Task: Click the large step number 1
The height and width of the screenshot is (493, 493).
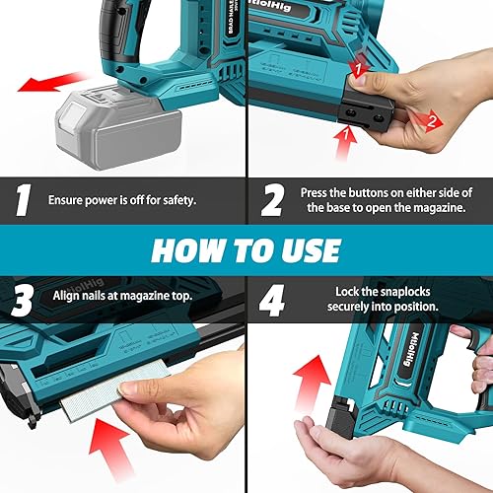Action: pyautogui.click(x=22, y=200)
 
